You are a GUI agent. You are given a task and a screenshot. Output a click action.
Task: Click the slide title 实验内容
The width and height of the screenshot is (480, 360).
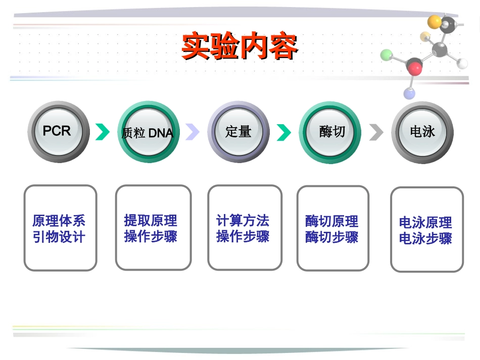pyautogui.click(x=239, y=47)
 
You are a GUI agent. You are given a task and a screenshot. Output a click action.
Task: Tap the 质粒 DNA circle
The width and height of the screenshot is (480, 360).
pyautogui.click(x=148, y=132)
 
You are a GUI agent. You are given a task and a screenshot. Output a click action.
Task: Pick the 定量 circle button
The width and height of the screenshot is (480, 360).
pyautogui.click(x=238, y=132)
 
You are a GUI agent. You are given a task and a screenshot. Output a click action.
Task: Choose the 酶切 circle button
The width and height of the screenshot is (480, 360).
pyautogui.click(x=330, y=132)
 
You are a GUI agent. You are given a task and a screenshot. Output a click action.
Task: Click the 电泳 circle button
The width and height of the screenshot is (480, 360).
pyautogui.click(x=422, y=132)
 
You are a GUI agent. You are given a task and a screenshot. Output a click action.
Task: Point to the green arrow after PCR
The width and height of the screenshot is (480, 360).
pyautogui.click(x=103, y=132)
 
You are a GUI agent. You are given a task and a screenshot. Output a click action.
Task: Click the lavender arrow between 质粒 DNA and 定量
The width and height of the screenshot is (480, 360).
pyautogui.click(x=193, y=132)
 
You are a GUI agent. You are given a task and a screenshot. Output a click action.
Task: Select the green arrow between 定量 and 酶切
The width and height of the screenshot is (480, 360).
pyautogui.click(x=283, y=132)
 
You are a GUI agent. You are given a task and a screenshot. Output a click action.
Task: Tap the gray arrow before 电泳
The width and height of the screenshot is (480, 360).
pyautogui.click(x=376, y=132)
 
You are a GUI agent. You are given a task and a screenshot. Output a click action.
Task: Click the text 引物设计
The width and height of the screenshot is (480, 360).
pyautogui.click(x=59, y=237)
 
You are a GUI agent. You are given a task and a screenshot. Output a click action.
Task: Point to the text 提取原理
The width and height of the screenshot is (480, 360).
pyautogui.click(x=151, y=221)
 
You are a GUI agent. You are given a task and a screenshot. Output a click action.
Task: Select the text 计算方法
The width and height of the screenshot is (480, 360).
pyautogui.click(x=243, y=221)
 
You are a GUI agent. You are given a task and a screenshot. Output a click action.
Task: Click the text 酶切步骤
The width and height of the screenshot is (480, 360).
pyautogui.click(x=331, y=237)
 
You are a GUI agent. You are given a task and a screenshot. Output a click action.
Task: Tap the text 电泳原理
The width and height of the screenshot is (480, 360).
pyautogui.click(x=425, y=222)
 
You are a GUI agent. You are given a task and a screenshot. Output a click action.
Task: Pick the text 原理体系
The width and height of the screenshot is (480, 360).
pyautogui.click(x=59, y=221)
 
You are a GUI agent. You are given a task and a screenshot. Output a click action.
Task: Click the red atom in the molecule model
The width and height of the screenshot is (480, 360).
pyautogui.click(x=415, y=66)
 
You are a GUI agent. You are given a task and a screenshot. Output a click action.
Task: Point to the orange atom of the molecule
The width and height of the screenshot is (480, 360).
pyautogui.click(x=435, y=21)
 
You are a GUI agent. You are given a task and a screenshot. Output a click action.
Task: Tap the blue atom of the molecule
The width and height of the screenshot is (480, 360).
pyautogui.click(x=410, y=93)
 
